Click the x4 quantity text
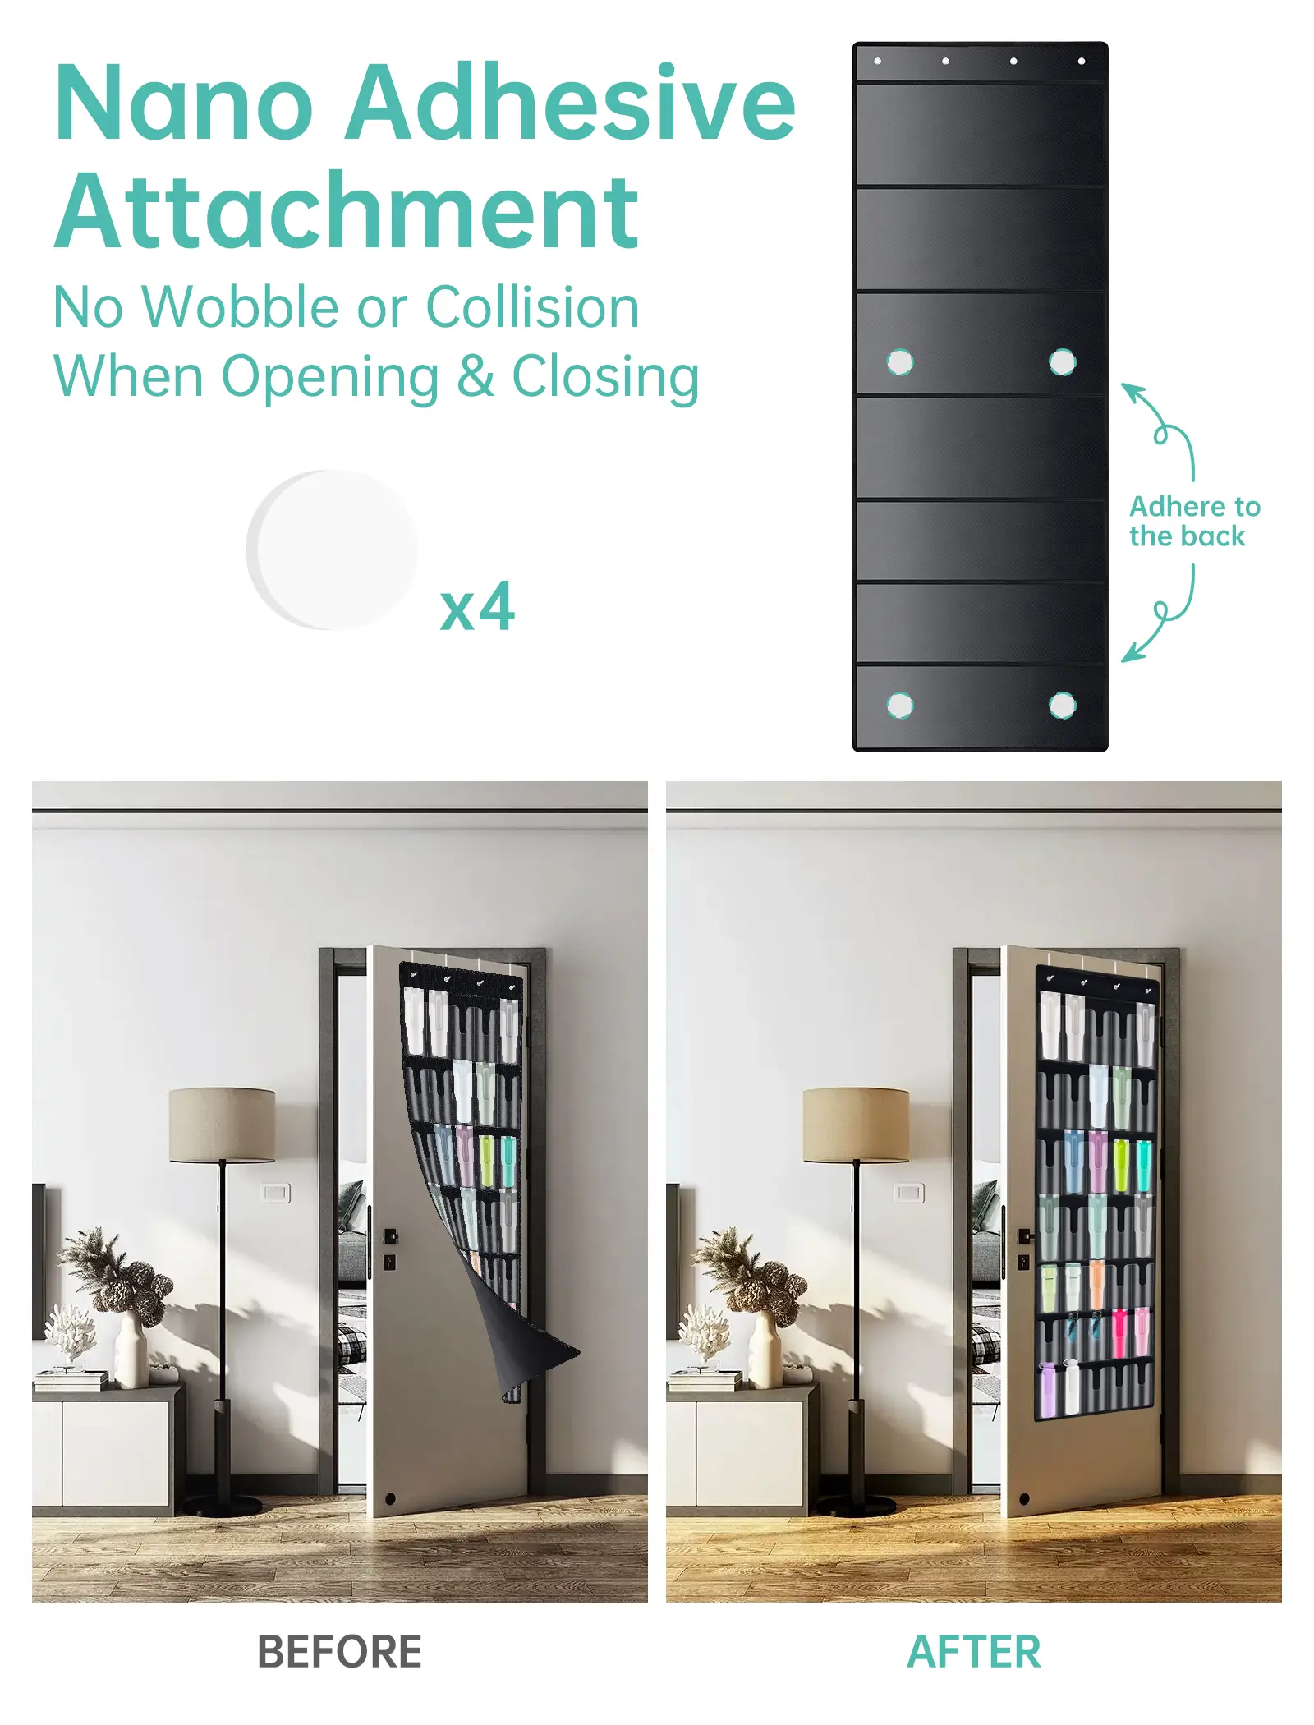click(x=477, y=608)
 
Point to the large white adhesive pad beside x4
click(x=332, y=550)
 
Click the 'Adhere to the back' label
click(x=1194, y=521)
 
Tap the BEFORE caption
click(x=339, y=1651)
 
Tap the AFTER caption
click(x=973, y=1651)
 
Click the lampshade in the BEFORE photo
click(x=222, y=1125)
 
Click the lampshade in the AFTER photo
click(x=856, y=1125)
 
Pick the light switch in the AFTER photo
click(x=909, y=1193)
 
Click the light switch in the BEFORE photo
click(x=275, y=1193)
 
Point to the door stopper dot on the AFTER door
click(x=1024, y=1499)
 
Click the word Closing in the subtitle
click(x=605, y=377)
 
